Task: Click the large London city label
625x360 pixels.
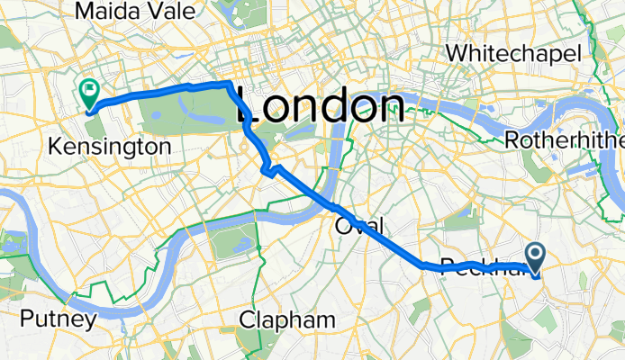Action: tap(320, 108)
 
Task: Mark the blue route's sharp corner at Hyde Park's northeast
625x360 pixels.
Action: tap(231, 84)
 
